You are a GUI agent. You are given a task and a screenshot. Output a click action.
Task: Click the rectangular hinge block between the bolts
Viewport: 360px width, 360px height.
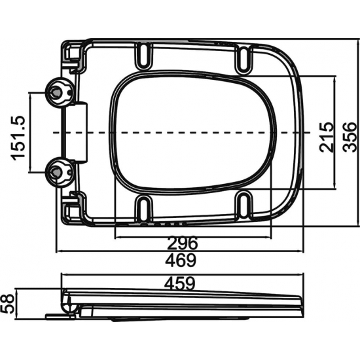[79, 132]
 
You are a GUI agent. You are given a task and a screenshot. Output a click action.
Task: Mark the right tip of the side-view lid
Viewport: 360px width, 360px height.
[302, 302]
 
